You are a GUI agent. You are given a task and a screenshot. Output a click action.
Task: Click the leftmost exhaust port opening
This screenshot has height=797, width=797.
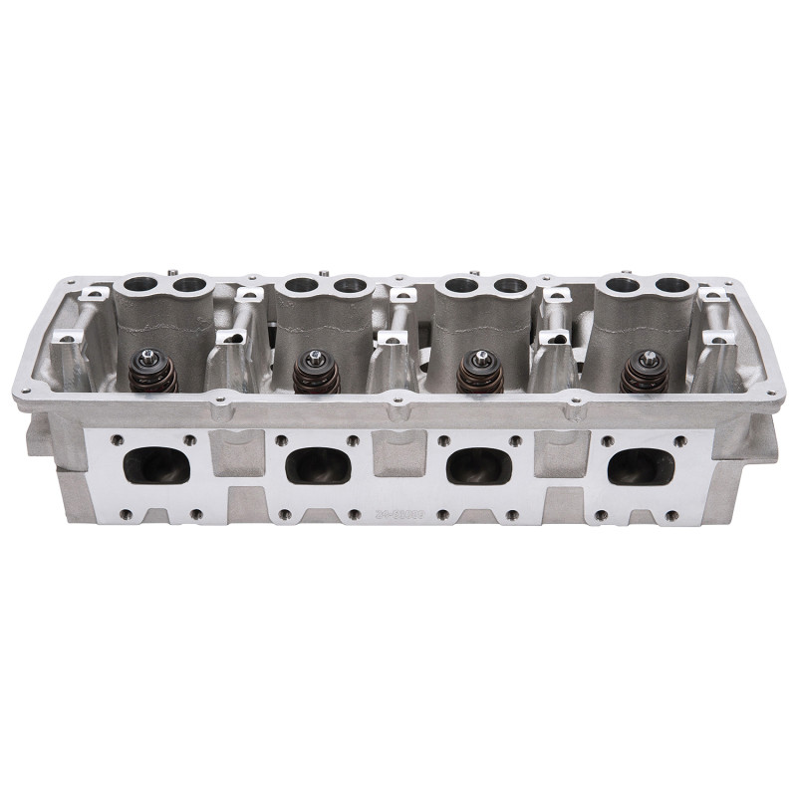pyautogui.click(x=156, y=464)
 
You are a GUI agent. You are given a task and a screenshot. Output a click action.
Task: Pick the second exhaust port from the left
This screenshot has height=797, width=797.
pyautogui.click(x=318, y=464)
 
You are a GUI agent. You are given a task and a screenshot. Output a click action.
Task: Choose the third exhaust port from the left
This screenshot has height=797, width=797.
pyautogui.click(x=479, y=464)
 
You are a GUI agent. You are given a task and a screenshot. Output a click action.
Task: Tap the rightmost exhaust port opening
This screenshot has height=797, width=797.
pyautogui.click(x=641, y=464)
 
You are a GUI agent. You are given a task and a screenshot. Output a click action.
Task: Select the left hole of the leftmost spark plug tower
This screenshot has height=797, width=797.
pyautogui.click(x=137, y=287)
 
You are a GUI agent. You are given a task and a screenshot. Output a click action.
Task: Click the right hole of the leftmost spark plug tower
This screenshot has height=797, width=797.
pyautogui.click(x=186, y=287)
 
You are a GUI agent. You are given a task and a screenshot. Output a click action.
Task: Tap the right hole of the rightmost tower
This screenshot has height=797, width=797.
pyautogui.click(x=672, y=285)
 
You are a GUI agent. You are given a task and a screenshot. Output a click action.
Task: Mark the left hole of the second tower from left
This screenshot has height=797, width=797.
pyautogui.click(x=298, y=286)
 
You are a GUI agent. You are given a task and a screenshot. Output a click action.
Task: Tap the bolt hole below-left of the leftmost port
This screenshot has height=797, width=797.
pyautogui.click(x=125, y=514)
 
